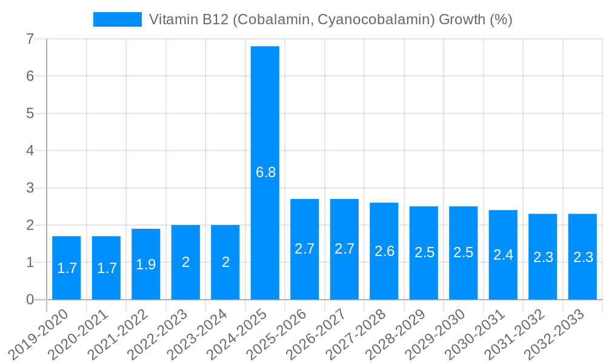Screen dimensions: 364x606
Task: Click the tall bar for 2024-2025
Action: coord(265,121)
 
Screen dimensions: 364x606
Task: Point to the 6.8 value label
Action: coord(265,172)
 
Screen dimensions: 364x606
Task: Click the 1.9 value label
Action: coord(146,265)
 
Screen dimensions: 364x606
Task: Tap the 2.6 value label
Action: coord(384,251)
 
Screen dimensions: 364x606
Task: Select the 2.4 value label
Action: coord(503,255)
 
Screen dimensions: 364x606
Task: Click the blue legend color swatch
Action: coord(117,19)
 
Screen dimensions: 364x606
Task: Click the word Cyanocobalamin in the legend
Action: coord(376,19)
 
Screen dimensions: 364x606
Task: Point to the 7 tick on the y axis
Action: coord(30,39)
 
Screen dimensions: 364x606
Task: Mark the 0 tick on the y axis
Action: coord(30,300)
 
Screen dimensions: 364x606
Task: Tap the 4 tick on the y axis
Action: coord(30,150)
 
